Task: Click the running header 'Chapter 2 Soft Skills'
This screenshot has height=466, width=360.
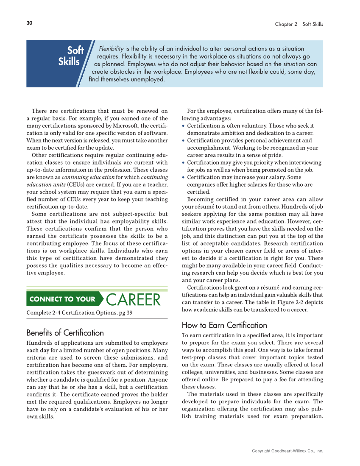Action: (x=299, y=24)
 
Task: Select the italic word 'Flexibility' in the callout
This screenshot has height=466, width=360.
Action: (x=111, y=49)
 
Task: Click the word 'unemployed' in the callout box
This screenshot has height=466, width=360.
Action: (x=146, y=79)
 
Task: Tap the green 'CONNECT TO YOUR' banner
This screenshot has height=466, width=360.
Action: (x=62, y=299)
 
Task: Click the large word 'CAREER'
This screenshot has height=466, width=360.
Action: (x=133, y=300)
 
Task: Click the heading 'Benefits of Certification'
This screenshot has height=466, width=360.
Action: (x=65, y=333)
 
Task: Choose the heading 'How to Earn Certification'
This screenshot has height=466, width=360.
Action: (x=224, y=325)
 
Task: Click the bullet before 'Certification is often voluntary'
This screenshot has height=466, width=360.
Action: (x=183, y=126)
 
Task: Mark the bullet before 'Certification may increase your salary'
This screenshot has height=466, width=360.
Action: (x=183, y=177)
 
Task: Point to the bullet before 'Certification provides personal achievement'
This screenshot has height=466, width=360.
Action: (x=183, y=141)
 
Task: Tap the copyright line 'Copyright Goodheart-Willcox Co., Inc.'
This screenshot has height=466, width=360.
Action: (x=287, y=451)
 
